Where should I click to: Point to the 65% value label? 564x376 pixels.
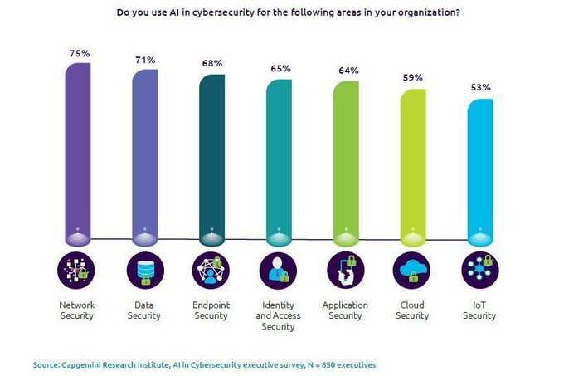point(279,70)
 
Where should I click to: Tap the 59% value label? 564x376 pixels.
point(413,78)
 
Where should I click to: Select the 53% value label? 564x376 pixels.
point(480,87)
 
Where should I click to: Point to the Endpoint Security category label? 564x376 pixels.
point(211,310)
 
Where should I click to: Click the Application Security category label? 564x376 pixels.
point(346,310)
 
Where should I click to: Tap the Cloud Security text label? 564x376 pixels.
point(413,310)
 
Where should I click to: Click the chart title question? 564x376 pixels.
point(281,12)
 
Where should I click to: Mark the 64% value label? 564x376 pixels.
point(346,71)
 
